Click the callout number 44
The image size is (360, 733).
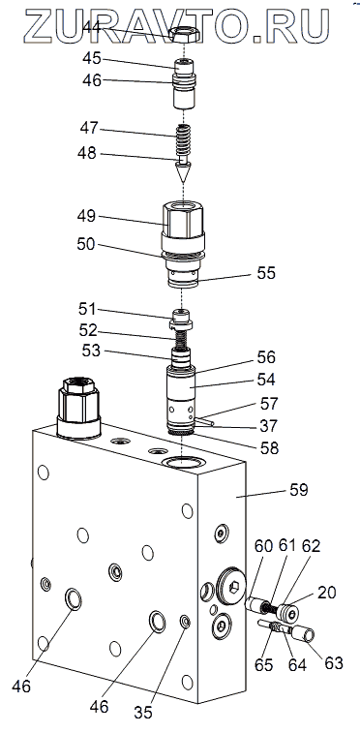tap(92, 28)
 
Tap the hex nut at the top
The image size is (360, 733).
tap(184, 34)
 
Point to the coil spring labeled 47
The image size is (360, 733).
tap(184, 140)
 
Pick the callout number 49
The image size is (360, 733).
tap(87, 216)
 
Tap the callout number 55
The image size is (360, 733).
tap(266, 273)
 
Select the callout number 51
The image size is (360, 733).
tap(87, 309)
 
